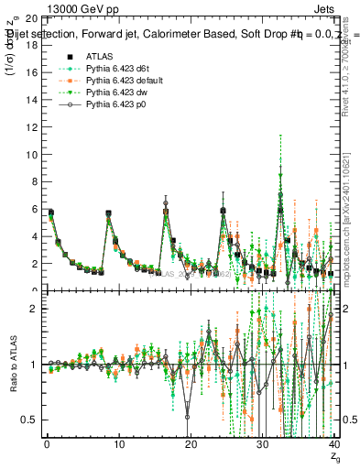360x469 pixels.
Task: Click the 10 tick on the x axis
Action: pyautogui.click(x=118, y=452)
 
